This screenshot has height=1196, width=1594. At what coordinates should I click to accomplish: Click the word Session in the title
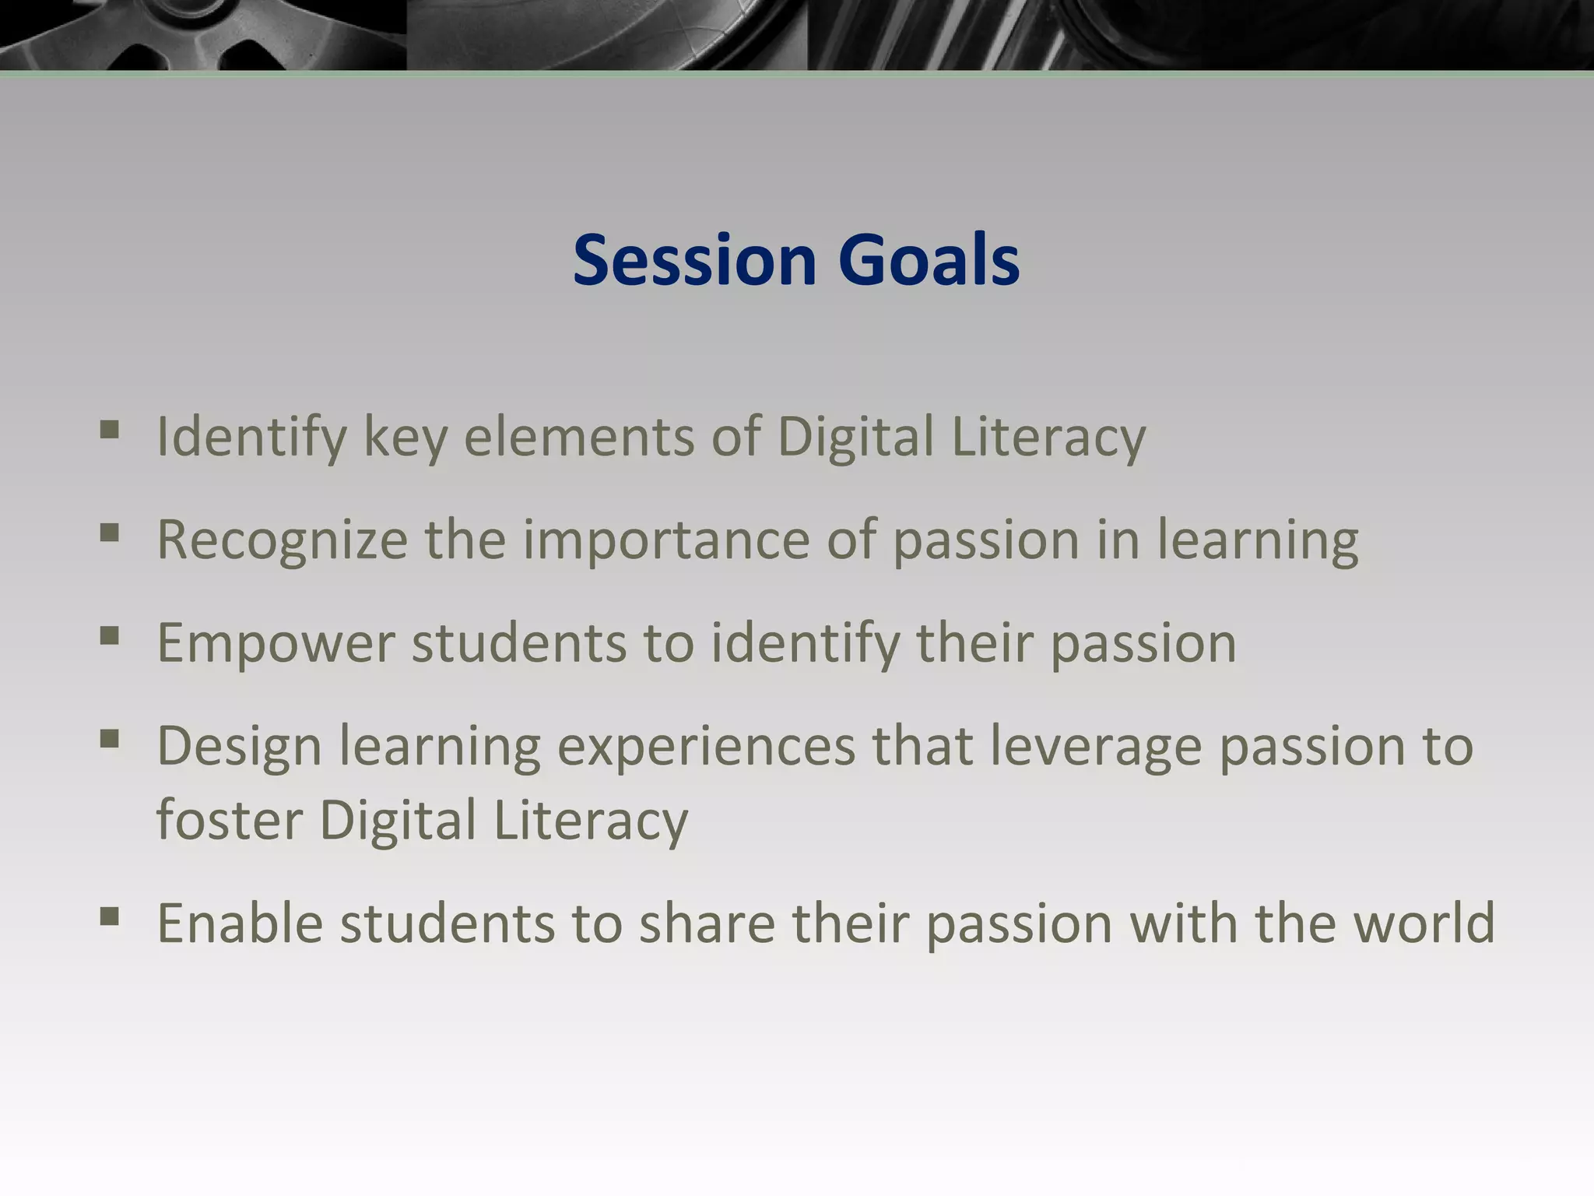click(x=694, y=260)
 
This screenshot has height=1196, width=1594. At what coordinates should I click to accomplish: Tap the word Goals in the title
click(x=929, y=260)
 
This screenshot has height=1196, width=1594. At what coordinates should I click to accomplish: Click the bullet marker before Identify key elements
click(x=110, y=430)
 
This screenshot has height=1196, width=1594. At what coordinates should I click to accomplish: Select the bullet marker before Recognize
click(x=110, y=533)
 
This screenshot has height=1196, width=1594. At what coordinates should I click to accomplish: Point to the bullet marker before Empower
click(x=110, y=637)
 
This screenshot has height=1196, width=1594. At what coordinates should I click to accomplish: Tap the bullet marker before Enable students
click(x=110, y=916)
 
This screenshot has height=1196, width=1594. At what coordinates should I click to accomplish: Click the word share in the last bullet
click(x=707, y=923)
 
